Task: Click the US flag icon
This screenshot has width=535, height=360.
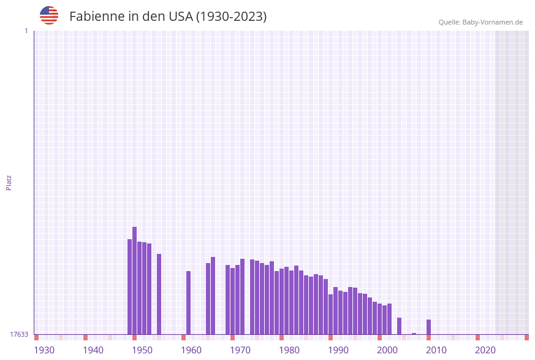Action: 49,15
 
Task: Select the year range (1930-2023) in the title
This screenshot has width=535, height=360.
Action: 231,17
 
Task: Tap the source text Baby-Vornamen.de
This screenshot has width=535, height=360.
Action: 492,22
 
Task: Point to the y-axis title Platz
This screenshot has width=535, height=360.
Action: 9,182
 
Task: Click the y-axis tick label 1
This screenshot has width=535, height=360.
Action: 26,31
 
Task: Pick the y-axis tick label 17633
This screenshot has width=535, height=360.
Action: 19,334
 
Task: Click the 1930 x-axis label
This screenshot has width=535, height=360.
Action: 44,350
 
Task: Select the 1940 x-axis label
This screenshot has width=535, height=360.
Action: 93,350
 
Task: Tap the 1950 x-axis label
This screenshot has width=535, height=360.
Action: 142,350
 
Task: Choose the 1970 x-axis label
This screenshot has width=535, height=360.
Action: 240,350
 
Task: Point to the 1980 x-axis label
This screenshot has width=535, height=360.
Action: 289,350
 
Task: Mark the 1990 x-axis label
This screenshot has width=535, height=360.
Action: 338,350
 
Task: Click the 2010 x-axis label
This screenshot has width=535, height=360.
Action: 436,350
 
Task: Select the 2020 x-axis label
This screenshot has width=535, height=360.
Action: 485,350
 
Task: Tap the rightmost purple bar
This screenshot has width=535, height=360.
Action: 429,327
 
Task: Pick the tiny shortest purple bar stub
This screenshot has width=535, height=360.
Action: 414,334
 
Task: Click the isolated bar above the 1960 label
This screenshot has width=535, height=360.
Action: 189,302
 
